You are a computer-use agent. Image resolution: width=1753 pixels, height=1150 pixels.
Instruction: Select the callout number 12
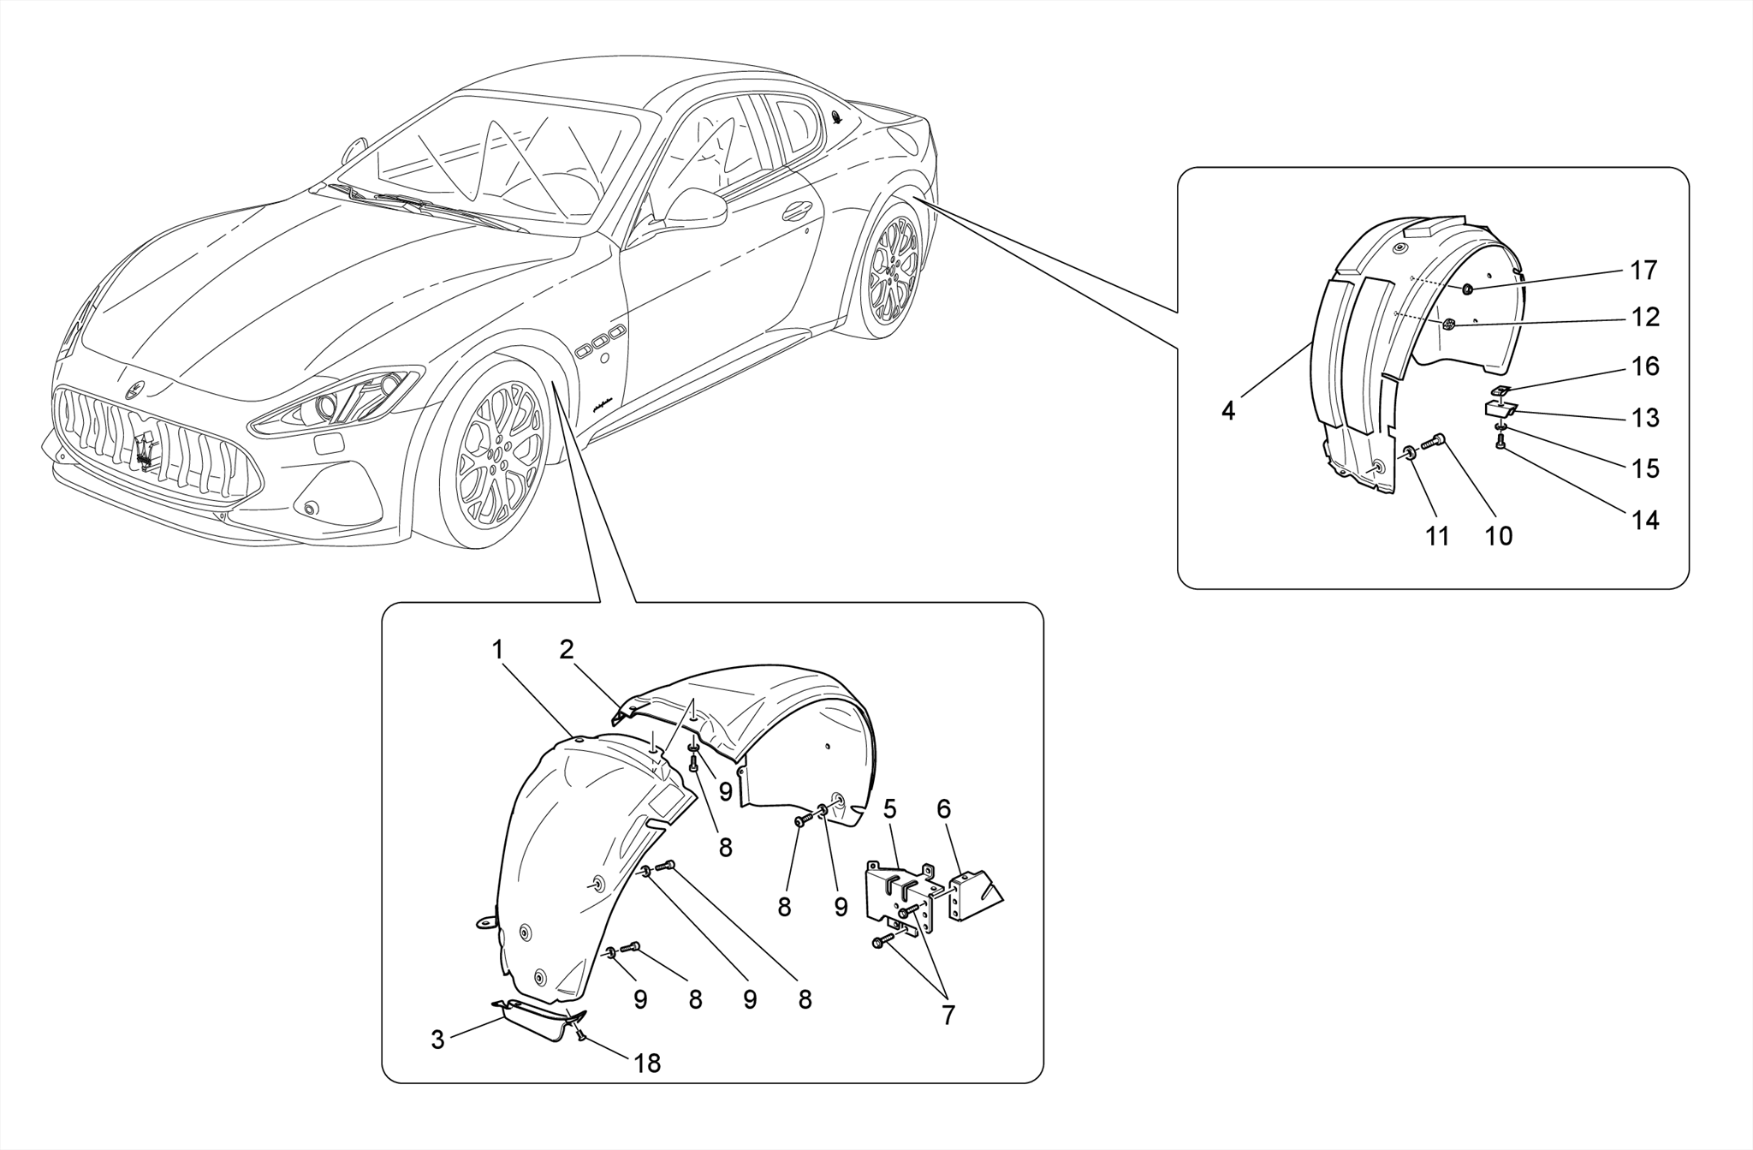click(1644, 318)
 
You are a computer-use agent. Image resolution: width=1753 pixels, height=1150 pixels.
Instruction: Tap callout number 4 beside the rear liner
click(1228, 411)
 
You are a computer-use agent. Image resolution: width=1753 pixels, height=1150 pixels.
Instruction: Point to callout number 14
click(1644, 520)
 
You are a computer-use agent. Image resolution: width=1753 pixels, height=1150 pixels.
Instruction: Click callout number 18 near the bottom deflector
click(647, 1064)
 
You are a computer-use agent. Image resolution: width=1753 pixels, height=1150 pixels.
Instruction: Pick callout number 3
click(437, 1040)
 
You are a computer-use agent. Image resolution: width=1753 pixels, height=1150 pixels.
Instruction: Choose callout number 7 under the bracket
click(948, 1016)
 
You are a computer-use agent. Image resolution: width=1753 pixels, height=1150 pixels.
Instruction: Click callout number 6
click(943, 809)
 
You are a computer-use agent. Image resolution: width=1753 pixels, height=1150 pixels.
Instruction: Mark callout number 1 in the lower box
click(497, 650)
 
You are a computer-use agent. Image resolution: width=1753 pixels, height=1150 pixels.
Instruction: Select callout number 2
click(566, 650)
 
